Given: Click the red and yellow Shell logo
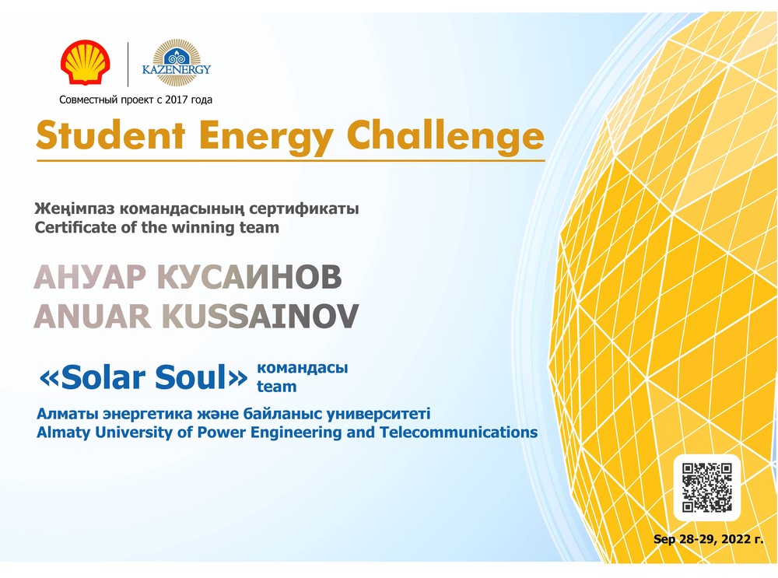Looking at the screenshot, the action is [86, 62].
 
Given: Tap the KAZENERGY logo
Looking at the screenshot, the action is [177, 63].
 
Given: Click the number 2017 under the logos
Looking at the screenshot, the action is [176, 100].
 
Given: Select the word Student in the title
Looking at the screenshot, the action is [110, 135].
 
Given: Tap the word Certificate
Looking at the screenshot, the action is [75, 227].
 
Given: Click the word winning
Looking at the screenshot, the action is [205, 228].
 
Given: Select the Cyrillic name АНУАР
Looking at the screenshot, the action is [89, 277].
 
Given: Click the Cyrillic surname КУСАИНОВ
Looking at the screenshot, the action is [250, 277].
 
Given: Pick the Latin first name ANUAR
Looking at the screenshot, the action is [93, 317].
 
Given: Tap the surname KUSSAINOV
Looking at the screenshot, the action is [260, 317].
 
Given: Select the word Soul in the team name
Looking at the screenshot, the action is [191, 377].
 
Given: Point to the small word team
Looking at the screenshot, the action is [276, 387].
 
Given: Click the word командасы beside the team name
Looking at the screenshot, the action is [302, 368].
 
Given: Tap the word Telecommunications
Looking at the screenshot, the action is [458, 432].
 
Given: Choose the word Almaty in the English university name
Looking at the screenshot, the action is [64, 433].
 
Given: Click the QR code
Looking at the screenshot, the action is [706, 487].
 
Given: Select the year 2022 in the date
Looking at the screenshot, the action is [736, 539].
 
